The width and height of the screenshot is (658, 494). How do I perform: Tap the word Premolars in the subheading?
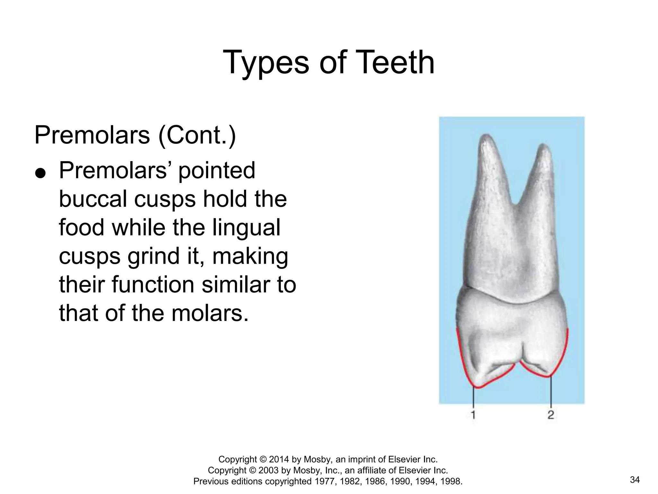(x=92, y=135)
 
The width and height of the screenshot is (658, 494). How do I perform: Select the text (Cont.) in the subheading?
(x=197, y=135)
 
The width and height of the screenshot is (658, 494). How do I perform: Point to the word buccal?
(x=93, y=199)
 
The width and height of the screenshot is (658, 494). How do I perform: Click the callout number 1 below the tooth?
(x=473, y=415)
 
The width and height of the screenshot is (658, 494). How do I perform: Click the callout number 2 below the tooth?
(x=551, y=415)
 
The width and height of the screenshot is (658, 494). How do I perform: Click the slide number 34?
(x=635, y=480)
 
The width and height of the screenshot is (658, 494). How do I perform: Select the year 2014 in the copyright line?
(x=280, y=459)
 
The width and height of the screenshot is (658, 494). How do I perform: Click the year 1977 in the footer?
(x=321, y=481)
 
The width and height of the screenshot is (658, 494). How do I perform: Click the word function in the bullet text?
(x=154, y=285)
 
